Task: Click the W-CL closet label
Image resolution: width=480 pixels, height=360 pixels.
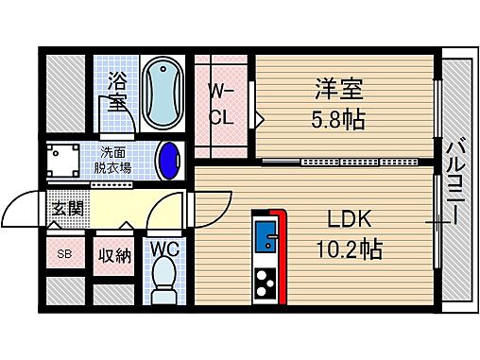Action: click(221, 105)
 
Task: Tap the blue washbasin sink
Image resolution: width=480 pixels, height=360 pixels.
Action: click(171, 160)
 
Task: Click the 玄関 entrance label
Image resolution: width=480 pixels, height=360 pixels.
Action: click(66, 209)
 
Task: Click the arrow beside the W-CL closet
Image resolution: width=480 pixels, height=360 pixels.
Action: click(257, 120)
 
